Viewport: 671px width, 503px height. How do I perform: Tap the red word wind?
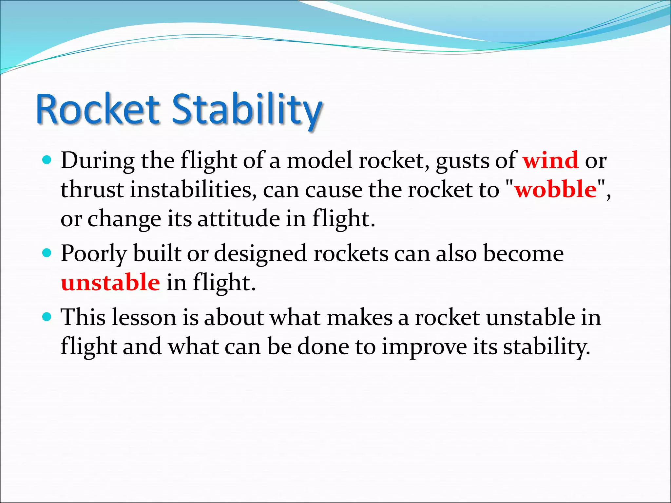550,160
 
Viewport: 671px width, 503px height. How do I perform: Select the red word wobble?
556,190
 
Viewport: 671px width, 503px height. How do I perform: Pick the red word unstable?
110,283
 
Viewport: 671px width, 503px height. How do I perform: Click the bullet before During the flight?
48,160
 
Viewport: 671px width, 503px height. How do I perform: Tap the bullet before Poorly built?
48,253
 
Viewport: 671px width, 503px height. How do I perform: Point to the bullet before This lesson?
48,317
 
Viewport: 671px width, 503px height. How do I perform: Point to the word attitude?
239,219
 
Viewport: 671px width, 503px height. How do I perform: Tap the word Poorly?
94,254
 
